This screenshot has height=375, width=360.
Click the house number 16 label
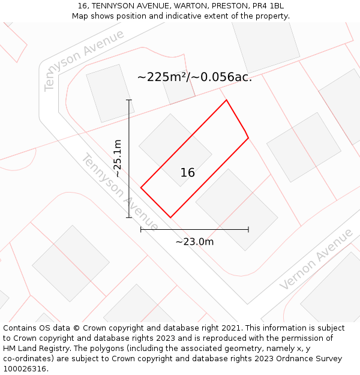187,173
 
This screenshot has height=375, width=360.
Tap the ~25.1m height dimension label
118,159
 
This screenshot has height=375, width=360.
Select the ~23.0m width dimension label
194,242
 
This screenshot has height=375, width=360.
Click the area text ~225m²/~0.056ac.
194,77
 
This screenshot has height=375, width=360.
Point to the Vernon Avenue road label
316,259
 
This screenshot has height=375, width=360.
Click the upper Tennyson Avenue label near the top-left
83,59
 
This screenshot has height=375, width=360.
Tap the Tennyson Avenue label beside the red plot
119,193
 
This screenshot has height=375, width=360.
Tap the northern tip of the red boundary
226,100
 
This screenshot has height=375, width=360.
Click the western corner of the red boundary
141,188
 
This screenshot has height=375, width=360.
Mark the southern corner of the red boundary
170,217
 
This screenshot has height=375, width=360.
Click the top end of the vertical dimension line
129,100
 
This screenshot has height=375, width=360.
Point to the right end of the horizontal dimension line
248,229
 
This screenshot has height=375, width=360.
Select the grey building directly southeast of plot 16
236,209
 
